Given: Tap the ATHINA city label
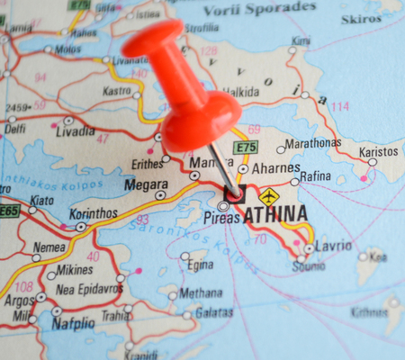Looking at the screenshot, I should (x=274, y=214).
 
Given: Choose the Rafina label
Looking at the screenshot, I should (x=317, y=176).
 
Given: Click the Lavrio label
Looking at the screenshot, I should (x=334, y=247).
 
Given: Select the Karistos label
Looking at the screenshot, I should (x=379, y=151).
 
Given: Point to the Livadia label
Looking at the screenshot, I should (x=75, y=131).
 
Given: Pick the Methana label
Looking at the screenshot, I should (x=201, y=292).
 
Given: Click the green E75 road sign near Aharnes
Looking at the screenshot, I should (x=245, y=147).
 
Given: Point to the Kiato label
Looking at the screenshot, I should (x=41, y=200).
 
